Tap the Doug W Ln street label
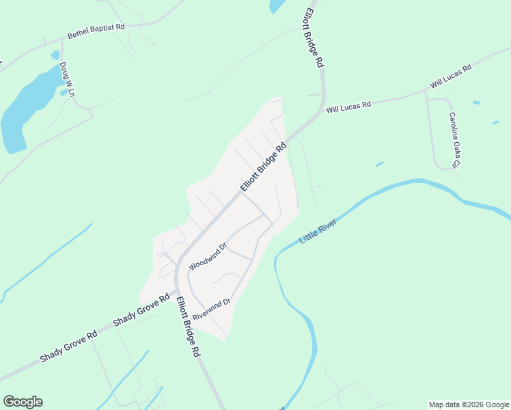66,79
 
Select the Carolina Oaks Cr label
454,140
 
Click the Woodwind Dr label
207,256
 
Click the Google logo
23,402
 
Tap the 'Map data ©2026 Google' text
469,405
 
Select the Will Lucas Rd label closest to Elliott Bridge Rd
348,107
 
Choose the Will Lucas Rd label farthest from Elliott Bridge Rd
451,77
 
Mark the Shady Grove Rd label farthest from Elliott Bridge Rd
68,347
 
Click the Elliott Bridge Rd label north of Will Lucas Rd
314,38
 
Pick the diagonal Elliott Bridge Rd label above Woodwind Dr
262,167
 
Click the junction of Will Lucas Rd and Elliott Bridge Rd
321,111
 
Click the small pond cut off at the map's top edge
277,5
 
